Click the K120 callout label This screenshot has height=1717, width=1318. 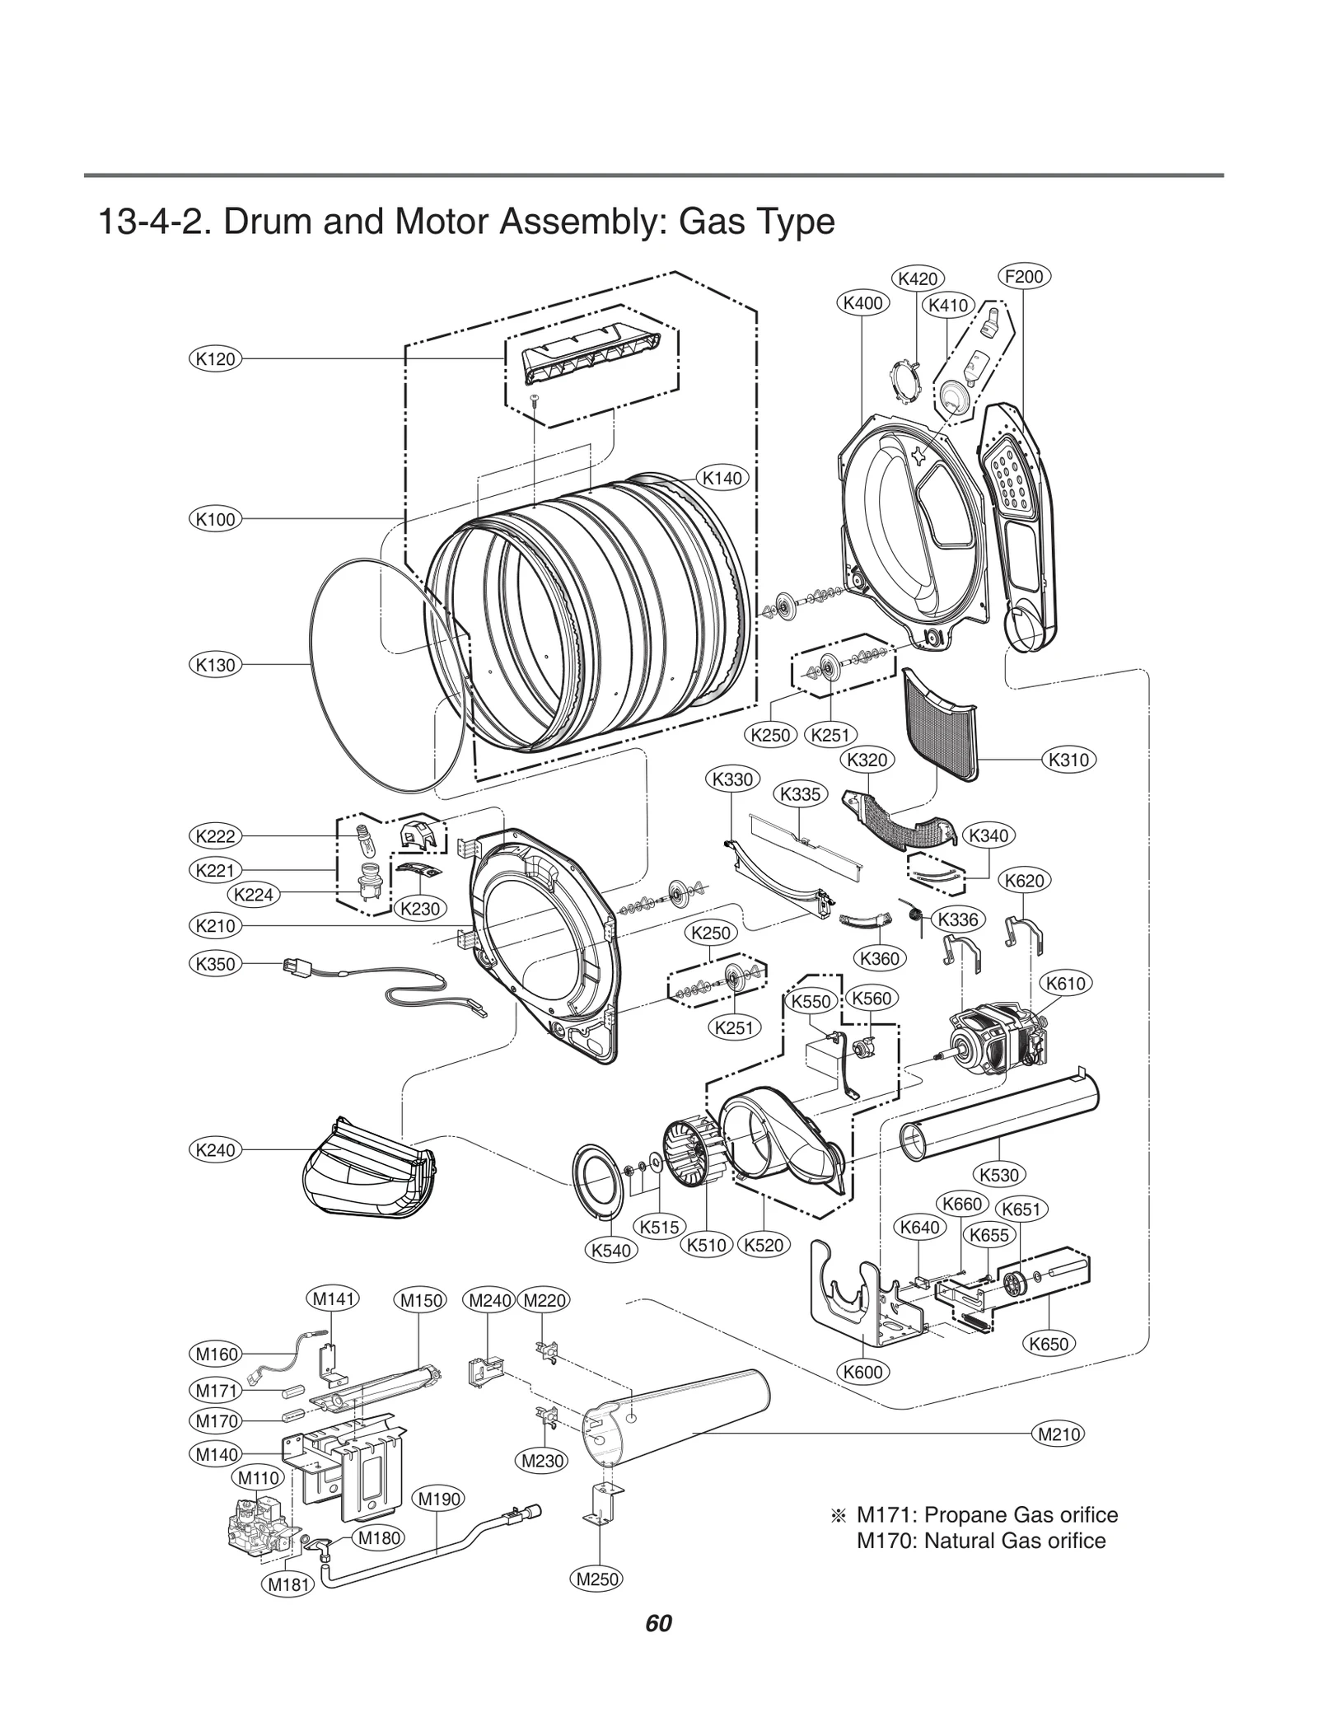215,358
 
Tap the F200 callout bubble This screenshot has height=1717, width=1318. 1024,276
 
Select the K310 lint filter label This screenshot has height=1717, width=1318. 1068,760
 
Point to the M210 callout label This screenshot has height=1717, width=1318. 1059,1434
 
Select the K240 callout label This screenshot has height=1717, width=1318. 215,1149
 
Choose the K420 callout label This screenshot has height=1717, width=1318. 918,278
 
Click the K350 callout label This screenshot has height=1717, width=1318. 215,963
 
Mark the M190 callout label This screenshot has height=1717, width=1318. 439,1499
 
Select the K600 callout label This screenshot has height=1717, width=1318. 863,1372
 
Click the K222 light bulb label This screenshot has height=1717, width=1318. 215,836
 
